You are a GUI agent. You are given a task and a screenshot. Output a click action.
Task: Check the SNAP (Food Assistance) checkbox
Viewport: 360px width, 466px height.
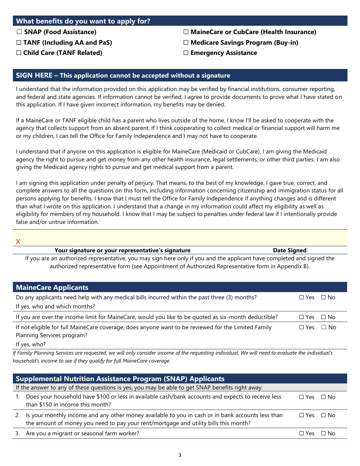point(19,32)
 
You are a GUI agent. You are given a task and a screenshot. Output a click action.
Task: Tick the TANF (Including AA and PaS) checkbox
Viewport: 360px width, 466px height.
point(19,43)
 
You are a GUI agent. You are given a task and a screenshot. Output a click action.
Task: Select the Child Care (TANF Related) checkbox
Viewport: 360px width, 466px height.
point(19,53)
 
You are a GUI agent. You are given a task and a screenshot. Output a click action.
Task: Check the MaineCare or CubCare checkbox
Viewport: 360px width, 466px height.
point(186,32)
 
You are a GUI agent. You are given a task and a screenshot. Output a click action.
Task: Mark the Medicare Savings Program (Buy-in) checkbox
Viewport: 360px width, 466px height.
point(186,43)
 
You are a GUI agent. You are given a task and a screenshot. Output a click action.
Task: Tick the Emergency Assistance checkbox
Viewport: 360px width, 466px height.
point(186,53)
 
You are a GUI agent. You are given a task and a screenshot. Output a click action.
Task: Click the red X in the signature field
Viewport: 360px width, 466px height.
point(18,242)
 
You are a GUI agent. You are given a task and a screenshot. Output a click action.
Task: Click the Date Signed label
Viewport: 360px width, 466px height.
point(290,250)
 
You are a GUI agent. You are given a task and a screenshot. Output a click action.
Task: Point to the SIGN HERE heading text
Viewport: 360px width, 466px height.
point(34,75)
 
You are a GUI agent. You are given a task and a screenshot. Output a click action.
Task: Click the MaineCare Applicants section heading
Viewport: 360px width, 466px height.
point(52,288)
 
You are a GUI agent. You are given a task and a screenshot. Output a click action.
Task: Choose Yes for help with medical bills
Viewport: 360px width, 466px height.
point(302,297)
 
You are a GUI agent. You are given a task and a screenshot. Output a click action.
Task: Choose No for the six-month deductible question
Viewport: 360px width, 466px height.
point(324,317)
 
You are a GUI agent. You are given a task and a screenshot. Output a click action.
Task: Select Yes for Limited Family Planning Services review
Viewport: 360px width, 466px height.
point(302,327)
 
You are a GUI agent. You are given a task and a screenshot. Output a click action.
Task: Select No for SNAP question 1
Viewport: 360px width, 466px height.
point(324,397)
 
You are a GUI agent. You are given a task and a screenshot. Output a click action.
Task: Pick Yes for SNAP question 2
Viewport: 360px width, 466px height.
point(302,415)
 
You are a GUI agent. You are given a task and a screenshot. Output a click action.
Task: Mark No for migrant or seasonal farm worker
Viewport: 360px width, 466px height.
point(324,433)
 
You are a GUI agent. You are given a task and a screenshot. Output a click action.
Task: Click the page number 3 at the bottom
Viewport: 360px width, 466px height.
point(180,455)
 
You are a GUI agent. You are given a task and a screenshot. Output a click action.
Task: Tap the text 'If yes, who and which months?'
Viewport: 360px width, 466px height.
point(55,306)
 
